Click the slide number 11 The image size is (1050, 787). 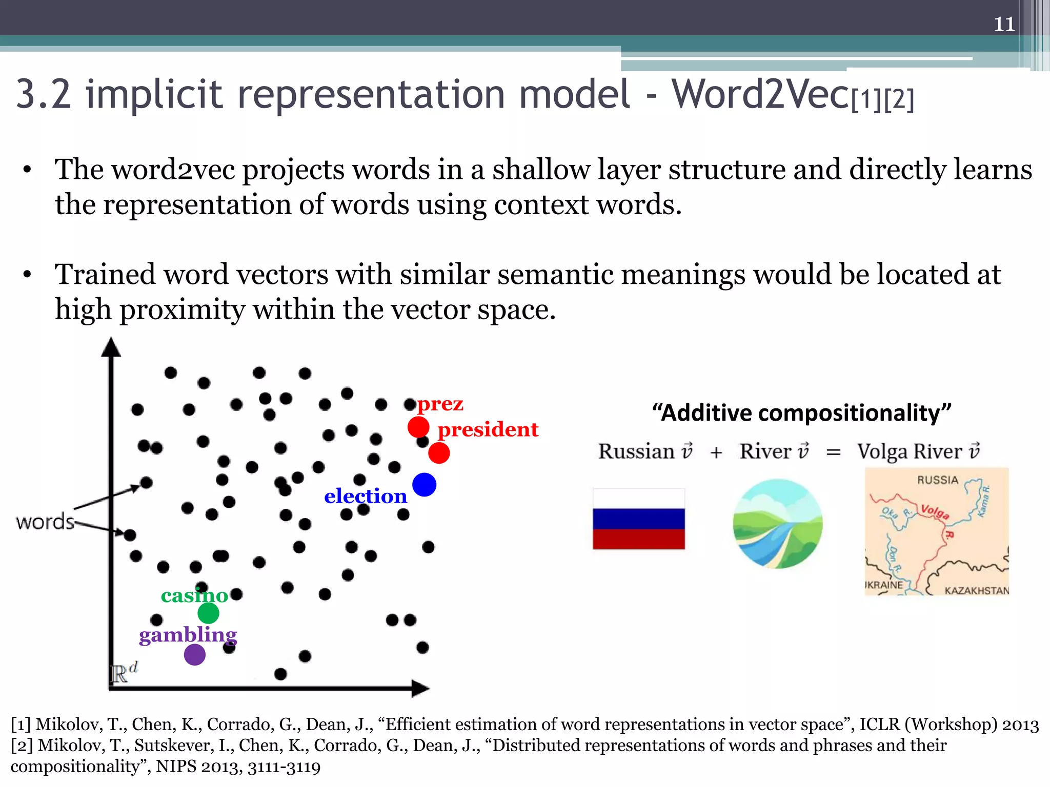1004,24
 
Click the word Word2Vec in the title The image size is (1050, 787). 760,94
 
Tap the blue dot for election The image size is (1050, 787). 424,484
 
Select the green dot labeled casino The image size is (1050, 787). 208,613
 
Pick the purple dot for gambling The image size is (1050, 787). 195,654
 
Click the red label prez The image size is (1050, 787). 440,404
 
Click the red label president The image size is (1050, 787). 488,429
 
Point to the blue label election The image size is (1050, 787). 366,496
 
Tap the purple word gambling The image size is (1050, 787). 188,635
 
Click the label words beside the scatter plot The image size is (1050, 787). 45,522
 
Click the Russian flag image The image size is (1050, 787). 638,519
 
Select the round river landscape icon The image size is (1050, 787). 777,524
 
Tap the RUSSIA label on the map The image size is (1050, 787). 937,480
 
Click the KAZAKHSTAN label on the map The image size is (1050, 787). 976,590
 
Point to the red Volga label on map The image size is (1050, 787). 935,511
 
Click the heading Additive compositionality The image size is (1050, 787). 801,412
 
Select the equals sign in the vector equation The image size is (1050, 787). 833,452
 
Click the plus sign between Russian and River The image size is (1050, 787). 716,452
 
